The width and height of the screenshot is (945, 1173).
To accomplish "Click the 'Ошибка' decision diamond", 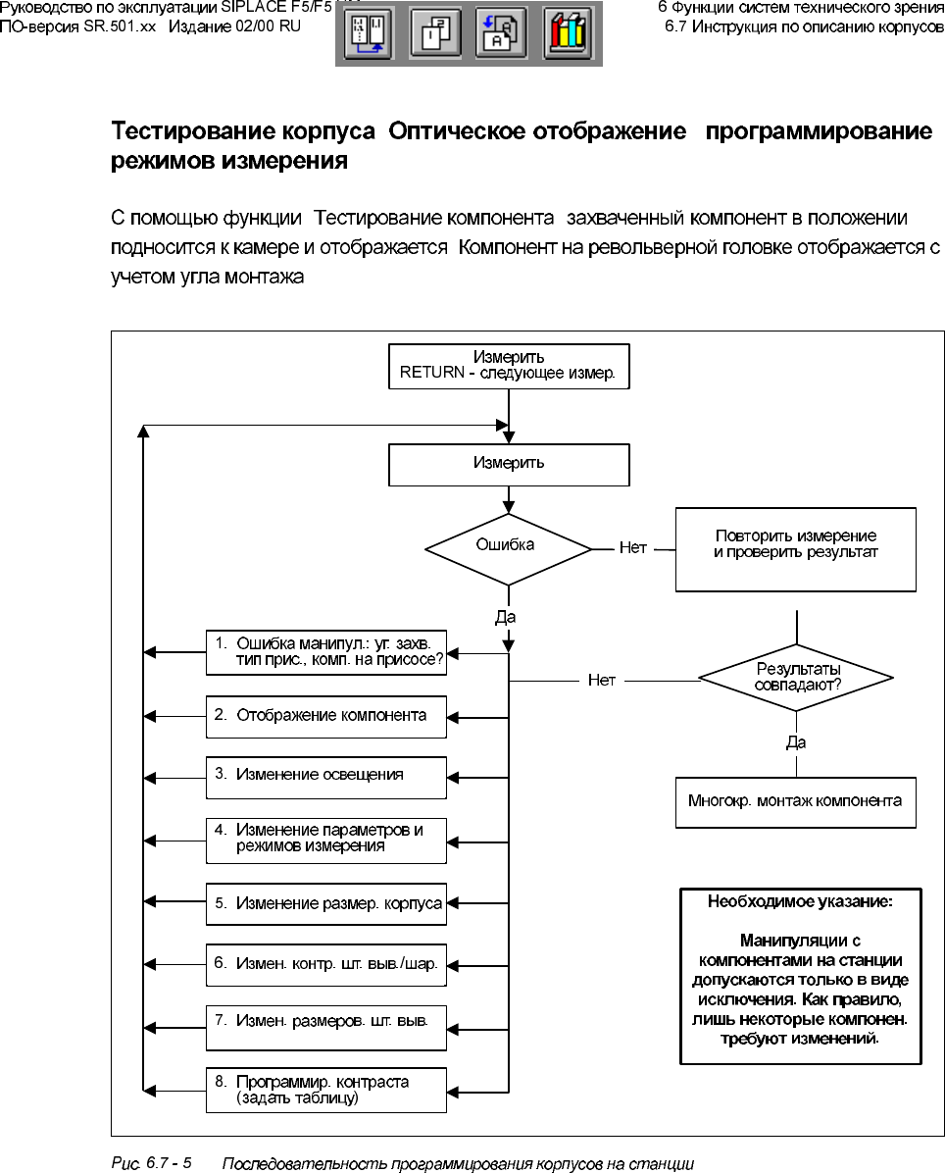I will [x=507, y=548].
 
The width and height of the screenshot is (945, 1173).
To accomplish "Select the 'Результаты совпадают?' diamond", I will [x=795, y=677].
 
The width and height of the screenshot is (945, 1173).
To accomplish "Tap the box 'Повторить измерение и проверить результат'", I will [x=795, y=548].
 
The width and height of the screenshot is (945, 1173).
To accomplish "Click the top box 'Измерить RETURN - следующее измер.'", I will [x=508, y=366].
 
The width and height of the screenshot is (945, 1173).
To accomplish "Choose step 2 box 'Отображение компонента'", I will [x=326, y=716].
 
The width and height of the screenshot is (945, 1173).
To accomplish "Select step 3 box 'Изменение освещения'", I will [x=326, y=777].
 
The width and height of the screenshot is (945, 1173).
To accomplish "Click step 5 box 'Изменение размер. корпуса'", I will [x=326, y=903].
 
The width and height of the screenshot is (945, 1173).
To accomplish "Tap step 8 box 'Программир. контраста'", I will [x=326, y=1090].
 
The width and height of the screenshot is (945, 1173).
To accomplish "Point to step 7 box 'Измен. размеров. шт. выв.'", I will [x=326, y=1026].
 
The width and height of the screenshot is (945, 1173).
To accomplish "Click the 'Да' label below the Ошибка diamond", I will [x=506, y=618].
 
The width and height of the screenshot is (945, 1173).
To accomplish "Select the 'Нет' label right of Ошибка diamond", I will [x=633, y=548].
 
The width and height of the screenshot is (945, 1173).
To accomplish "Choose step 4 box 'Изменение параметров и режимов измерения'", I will [x=326, y=840].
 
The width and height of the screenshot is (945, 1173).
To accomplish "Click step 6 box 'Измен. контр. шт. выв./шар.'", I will [x=326, y=965].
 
